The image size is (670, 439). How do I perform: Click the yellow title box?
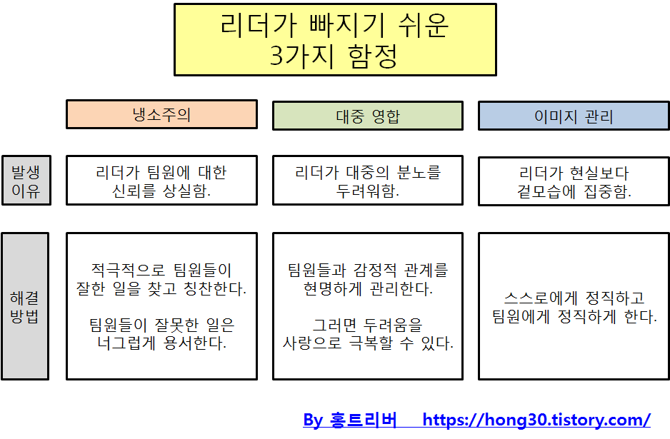335,39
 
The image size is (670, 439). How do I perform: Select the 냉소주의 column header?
161,115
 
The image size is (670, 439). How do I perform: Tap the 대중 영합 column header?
368,116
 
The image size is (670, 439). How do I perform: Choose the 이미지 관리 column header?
574,116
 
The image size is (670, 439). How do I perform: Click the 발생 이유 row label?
26,181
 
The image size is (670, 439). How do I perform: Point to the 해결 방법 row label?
25,306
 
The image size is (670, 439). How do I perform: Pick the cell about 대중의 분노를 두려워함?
368,181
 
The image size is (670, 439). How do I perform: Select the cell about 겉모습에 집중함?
574,181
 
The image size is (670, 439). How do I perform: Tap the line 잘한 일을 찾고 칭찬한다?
161,289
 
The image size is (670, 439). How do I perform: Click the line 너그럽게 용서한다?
161,343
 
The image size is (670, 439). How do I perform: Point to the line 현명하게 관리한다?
368,289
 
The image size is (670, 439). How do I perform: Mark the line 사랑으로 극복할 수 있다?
368,343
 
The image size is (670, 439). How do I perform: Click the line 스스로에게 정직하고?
574,298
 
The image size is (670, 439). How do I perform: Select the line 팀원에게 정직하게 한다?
574,316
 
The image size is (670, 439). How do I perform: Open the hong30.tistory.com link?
536,420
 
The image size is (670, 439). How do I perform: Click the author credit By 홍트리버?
350,420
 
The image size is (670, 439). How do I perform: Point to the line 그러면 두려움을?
368,325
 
